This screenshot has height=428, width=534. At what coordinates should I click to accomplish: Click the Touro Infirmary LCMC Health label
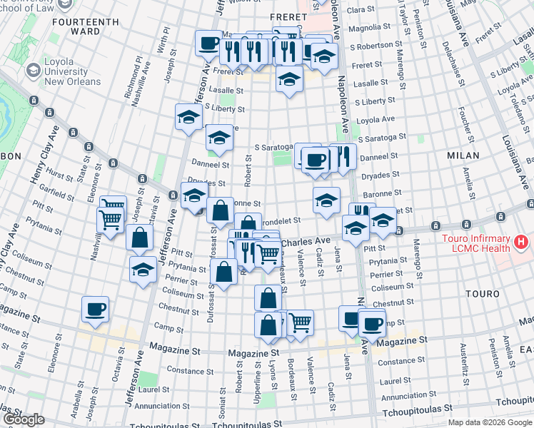point(485,243)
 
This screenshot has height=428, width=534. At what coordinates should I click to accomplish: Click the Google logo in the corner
point(23,419)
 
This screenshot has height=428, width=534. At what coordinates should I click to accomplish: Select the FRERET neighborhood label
point(287,16)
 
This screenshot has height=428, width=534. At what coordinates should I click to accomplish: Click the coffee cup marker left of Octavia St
point(95,310)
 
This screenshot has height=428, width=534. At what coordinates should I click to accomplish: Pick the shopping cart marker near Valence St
point(300,323)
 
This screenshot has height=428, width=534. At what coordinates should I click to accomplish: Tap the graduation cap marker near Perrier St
point(143,270)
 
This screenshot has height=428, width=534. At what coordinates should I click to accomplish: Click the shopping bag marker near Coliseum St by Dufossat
point(224,272)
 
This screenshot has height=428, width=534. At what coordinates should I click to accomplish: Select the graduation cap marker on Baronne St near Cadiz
point(326,200)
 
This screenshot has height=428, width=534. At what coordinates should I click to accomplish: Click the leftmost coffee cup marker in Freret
point(208,43)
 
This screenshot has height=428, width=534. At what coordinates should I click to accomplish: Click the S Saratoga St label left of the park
point(271,148)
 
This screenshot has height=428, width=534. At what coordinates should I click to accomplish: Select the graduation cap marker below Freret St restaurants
point(289,78)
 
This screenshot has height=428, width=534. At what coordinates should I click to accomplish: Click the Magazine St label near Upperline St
point(253,352)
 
